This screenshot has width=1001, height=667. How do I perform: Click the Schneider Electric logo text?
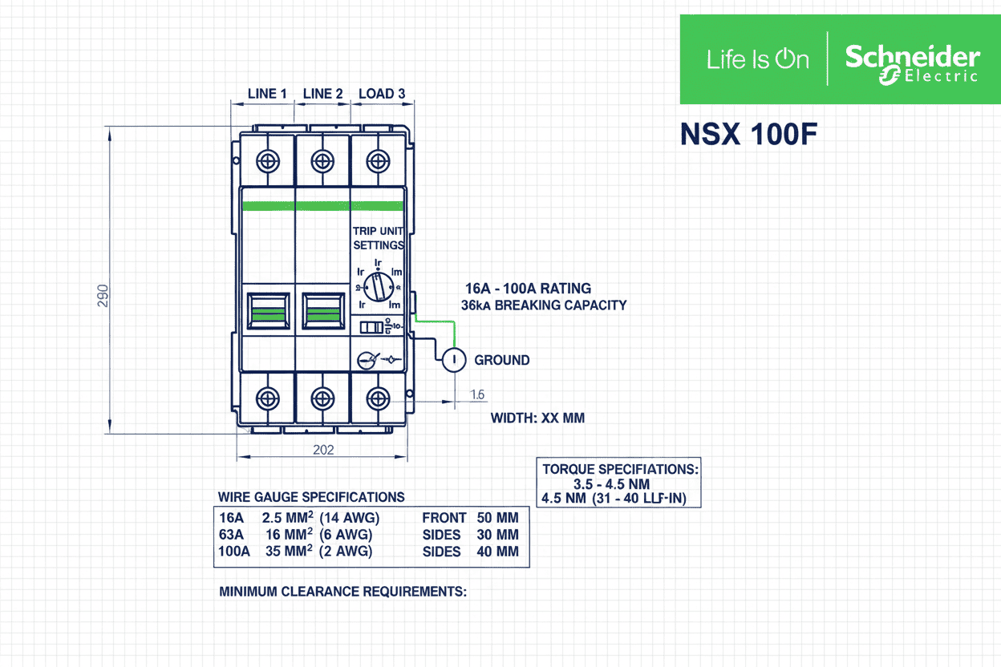[912, 63]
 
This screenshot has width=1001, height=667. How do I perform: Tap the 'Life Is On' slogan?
[757, 59]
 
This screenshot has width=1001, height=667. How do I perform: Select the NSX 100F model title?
[748, 134]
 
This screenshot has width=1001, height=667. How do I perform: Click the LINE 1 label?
[267, 94]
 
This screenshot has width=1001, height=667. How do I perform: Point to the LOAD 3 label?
[381, 94]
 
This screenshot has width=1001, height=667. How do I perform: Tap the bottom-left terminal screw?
[267, 398]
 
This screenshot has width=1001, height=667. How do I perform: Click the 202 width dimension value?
[323, 450]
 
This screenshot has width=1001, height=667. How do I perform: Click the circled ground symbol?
[454, 360]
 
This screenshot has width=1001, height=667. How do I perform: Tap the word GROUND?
[502, 361]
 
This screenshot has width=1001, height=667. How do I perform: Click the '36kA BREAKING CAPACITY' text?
[544, 305]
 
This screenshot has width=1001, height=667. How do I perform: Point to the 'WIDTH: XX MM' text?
[537, 418]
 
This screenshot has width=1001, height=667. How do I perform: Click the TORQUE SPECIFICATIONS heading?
[620, 469]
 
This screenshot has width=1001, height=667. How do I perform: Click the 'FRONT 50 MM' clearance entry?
[470, 518]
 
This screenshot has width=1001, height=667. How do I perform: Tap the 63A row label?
[231, 535]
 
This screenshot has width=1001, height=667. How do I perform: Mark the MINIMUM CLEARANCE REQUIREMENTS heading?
[342, 592]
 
